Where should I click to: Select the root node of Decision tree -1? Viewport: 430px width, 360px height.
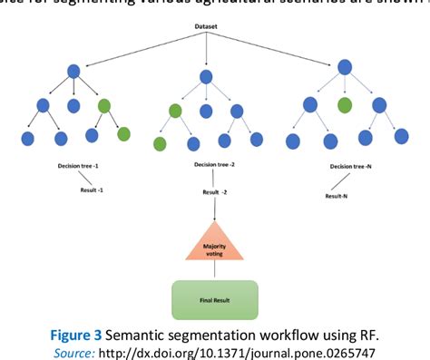pyautogui.click(x=73, y=71)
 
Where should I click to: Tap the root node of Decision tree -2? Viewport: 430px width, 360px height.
pyautogui.click(x=207, y=77)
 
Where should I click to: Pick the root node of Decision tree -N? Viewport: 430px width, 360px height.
pyautogui.click(x=345, y=67)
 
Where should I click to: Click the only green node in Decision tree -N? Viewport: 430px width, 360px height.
pyautogui.click(x=345, y=105)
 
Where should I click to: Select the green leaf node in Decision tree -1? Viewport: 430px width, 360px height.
pyautogui.click(x=123, y=135)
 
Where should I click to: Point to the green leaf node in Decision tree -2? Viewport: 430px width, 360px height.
pyautogui.click(x=160, y=144)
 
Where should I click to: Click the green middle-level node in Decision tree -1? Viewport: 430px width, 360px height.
pyautogui.click(x=103, y=105)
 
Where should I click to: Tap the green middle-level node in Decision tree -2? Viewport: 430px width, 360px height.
pyautogui.click(x=175, y=112)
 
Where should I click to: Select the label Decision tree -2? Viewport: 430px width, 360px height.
pyautogui.click(x=215, y=165)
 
